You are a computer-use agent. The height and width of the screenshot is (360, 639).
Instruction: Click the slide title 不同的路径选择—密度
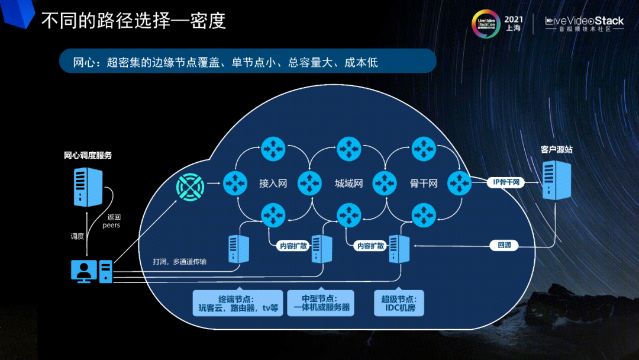(133, 21)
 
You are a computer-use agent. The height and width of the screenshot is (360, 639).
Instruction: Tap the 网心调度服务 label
(88, 156)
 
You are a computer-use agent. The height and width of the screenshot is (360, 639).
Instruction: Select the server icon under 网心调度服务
(88, 187)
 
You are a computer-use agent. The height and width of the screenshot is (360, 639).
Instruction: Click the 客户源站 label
(556, 150)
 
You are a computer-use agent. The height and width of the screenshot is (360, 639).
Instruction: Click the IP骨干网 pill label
(505, 182)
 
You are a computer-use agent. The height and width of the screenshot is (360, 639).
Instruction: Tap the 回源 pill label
(504, 245)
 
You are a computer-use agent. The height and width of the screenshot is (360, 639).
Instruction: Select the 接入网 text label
(273, 184)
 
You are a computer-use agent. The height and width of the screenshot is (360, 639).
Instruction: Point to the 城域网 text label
(348, 184)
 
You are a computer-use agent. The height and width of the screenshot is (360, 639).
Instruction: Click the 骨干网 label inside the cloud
(423, 184)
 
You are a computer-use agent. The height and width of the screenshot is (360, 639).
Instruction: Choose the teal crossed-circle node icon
(190, 188)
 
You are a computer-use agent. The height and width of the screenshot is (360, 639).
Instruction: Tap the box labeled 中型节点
(320, 303)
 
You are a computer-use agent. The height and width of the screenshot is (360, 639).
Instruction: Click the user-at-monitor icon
(83, 271)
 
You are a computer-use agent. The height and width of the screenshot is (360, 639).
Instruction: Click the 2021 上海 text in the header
(513, 23)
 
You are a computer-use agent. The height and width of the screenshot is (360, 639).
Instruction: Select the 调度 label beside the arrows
(77, 236)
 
